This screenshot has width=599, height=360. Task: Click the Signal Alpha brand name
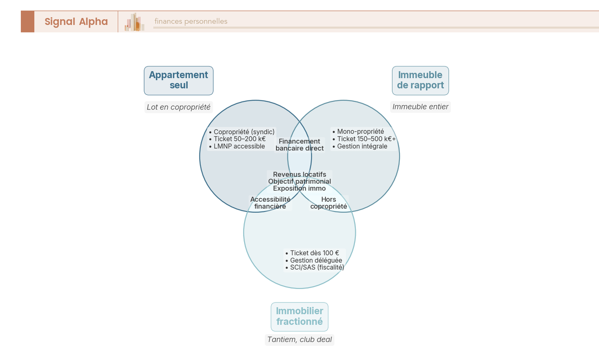(x=76, y=21)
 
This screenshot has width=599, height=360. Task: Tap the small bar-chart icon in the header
(x=135, y=22)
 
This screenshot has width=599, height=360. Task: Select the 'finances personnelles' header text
(x=191, y=21)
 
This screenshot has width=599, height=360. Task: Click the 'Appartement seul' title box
(x=179, y=80)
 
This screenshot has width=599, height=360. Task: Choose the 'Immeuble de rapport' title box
(x=420, y=80)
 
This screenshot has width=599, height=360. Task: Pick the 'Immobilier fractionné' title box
(x=299, y=317)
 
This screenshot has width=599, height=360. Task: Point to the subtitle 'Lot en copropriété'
(x=178, y=107)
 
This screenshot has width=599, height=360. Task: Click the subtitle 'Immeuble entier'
(x=420, y=107)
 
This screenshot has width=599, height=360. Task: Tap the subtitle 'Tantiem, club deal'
(x=299, y=340)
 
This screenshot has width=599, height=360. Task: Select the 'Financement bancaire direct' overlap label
(x=299, y=145)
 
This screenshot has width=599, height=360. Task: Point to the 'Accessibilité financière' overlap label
(x=270, y=203)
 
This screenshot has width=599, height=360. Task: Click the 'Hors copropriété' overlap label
(x=328, y=203)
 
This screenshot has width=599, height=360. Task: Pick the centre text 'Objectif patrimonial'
(x=299, y=181)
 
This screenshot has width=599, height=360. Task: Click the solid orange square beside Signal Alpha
(x=27, y=21)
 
